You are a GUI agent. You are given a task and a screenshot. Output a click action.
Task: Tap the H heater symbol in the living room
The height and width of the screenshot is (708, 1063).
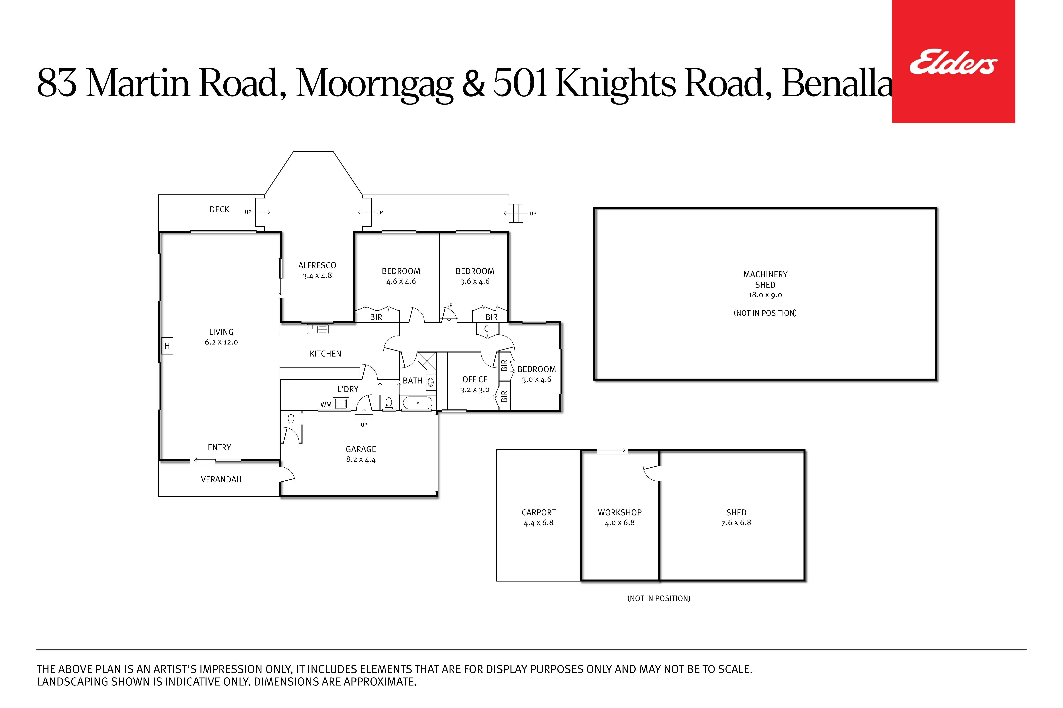(167, 346)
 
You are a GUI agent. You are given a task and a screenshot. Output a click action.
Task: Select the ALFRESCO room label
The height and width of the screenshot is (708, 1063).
(317, 266)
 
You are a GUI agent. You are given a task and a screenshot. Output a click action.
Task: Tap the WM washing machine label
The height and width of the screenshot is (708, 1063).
(326, 405)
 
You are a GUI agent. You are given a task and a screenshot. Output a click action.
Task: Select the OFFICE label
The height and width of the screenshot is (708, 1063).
(475, 380)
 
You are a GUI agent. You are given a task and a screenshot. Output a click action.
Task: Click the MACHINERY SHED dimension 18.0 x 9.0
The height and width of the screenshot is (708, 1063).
(765, 295)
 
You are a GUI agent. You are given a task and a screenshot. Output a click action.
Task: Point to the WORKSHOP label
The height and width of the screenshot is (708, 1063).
(620, 513)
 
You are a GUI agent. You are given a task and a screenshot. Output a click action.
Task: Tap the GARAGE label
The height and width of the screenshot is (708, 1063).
(361, 449)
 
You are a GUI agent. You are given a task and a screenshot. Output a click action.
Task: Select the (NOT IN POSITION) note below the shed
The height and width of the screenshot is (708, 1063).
(659, 598)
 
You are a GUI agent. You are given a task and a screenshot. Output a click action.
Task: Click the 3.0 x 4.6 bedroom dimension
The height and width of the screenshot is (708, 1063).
(536, 380)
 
